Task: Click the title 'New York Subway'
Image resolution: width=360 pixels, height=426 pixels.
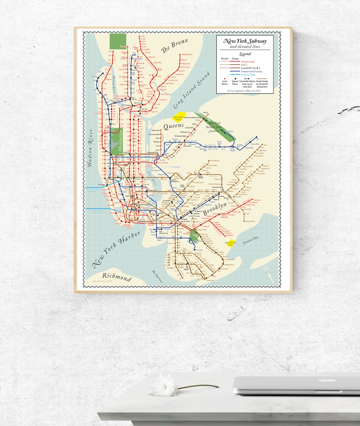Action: [x=245, y=41]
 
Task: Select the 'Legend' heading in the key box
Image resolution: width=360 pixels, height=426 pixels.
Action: [x=245, y=54]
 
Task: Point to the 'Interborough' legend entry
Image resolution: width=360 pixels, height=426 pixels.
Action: [x=248, y=62]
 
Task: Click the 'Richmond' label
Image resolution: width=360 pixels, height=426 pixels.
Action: [x=116, y=277]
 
